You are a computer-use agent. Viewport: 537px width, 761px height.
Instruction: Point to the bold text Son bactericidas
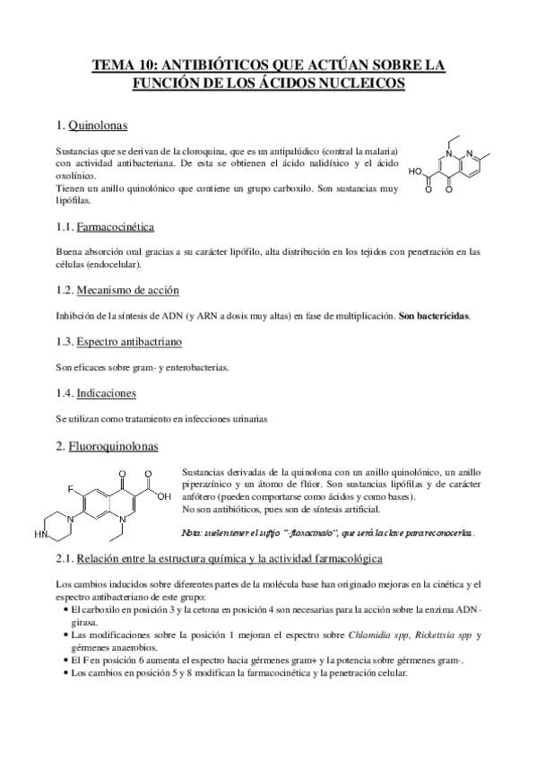(x=434, y=316)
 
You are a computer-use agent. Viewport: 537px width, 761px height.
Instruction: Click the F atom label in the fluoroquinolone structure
(x=70, y=490)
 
